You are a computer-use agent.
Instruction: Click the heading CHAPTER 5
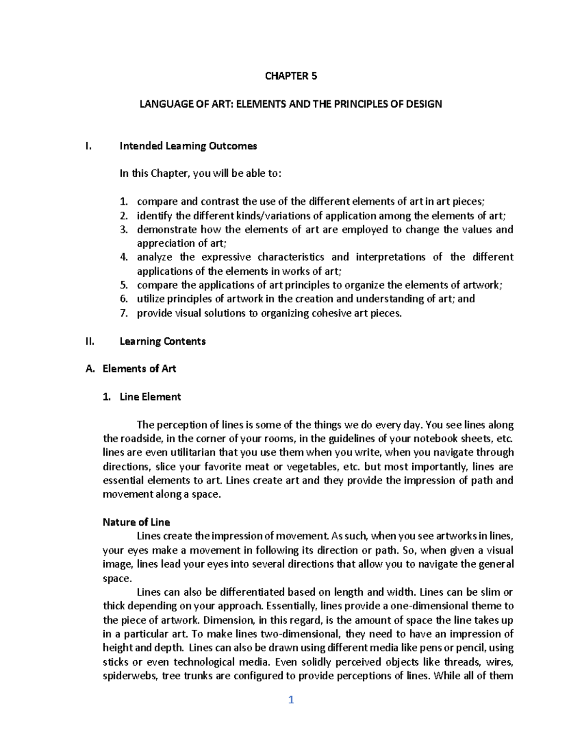pyautogui.click(x=291, y=76)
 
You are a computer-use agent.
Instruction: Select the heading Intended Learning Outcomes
pyautogui.click(x=188, y=146)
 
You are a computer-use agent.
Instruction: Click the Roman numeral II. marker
pyautogui.click(x=89, y=341)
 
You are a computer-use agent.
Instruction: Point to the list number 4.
pyautogui.click(x=124, y=257)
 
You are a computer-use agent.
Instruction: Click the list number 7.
pyautogui.click(x=124, y=314)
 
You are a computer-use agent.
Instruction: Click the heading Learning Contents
pyautogui.click(x=162, y=341)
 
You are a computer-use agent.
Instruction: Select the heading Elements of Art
pyautogui.click(x=139, y=369)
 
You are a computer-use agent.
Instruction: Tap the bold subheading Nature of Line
pyautogui.click(x=136, y=522)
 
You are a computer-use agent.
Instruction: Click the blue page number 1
pyautogui.click(x=291, y=700)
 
